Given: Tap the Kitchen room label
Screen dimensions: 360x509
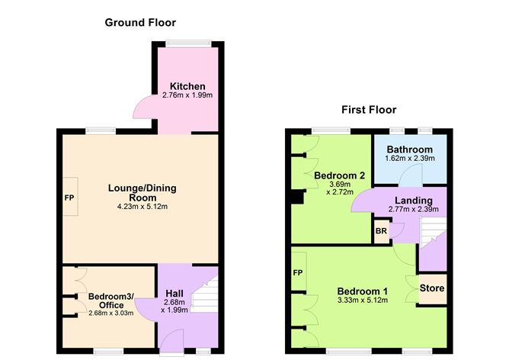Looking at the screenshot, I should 187,85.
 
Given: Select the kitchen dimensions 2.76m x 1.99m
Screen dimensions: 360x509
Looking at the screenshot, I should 187,95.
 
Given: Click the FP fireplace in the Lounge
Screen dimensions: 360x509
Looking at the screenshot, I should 69,197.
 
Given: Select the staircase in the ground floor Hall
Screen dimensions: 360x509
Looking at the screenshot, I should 208,294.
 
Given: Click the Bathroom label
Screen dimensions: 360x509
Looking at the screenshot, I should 409,149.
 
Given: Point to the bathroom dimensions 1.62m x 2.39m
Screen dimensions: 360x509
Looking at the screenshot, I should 409,159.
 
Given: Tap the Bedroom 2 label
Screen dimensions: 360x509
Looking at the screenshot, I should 340,175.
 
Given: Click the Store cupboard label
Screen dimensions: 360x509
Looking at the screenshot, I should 432,288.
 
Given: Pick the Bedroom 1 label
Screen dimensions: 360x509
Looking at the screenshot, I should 363,291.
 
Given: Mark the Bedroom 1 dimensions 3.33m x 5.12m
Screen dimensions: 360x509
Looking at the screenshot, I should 363,301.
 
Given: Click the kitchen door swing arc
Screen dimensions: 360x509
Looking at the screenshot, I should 141,109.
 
